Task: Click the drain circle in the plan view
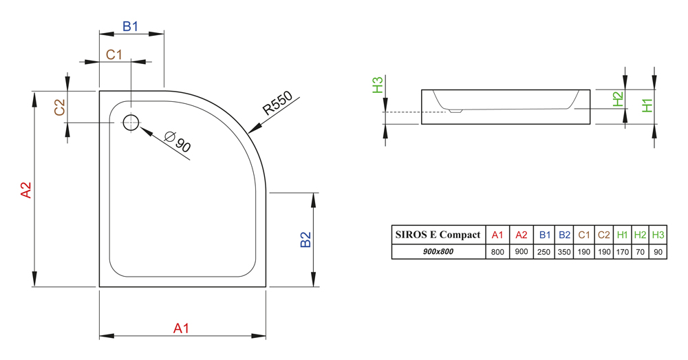click(131, 123)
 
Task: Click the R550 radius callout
click(277, 103)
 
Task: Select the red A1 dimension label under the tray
click(181, 328)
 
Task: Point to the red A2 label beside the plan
click(26, 190)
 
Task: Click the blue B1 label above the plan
click(130, 27)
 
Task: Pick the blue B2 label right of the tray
click(305, 240)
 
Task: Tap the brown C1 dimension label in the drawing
click(114, 55)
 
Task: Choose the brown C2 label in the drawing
click(59, 107)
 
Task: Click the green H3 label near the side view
click(378, 85)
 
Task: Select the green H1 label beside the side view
click(647, 105)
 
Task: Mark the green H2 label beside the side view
click(619, 99)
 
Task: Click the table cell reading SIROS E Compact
click(438, 235)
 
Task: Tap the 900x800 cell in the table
click(438, 251)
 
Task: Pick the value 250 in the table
click(544, 252)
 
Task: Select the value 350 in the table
click(564, 252)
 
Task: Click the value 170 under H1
click(622, 252)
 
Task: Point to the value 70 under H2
click(640, 252)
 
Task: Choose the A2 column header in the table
click(522, 235)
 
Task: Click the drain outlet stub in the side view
click(455, 111)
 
